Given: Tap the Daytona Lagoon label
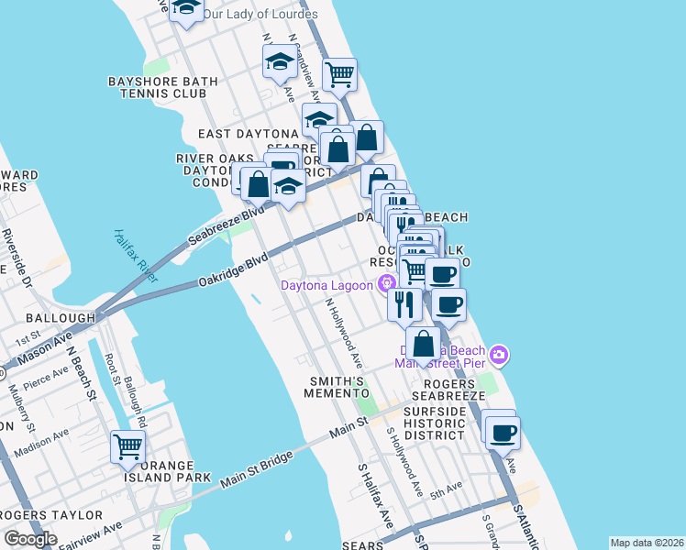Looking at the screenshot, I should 329,284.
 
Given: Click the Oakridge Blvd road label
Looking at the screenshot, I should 235,271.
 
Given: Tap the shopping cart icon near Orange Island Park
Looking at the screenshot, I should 127,447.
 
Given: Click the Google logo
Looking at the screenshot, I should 30,539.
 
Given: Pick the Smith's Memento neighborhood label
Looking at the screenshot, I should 337,387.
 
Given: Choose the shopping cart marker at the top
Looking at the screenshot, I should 339,73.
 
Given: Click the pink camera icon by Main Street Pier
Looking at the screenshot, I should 498,354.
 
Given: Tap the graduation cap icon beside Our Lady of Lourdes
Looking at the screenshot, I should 187,8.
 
